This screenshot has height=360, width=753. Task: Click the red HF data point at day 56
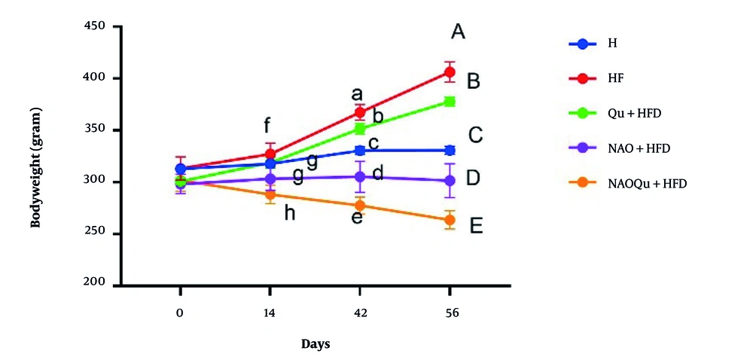click(450, 72)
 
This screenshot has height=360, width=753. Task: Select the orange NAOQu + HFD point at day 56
click(450, 220)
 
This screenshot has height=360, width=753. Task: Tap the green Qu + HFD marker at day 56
click(450, 101)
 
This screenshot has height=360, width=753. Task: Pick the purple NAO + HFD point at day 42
click(360, 177)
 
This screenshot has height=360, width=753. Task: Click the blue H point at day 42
click(360, 151)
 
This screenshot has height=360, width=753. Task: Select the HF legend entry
click(614, 78)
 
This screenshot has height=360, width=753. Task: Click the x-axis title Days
click(316, 344)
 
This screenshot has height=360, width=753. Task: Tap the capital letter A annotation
click(458, 32)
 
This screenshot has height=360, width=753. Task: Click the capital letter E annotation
click(476, 226)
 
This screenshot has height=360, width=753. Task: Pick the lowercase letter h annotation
click(288, 213)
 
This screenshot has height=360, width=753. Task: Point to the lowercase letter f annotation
click(267, 124)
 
